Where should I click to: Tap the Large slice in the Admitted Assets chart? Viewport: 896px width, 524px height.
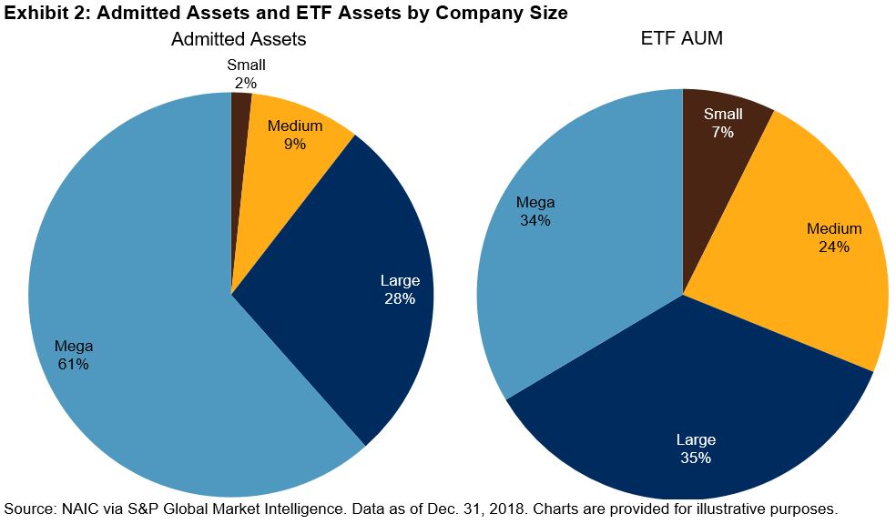pos(364,300)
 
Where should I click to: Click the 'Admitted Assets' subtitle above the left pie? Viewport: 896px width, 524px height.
pos(239,39)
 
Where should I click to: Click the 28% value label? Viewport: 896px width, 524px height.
pos(399,298)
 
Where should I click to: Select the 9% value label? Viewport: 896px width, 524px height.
pos(294,144)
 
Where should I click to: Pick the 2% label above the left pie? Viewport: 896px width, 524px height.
pos(247,83)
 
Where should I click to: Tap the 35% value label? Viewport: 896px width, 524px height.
pos(695,458)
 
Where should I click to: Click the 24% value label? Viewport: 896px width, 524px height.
pos(833,247)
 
